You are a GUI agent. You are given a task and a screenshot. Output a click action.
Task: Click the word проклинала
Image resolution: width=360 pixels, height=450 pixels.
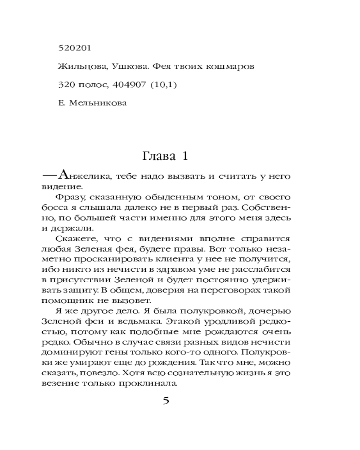click(x=152, y=384)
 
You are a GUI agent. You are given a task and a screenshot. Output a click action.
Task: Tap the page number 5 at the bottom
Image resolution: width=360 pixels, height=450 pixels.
click(x=165, y=401)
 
